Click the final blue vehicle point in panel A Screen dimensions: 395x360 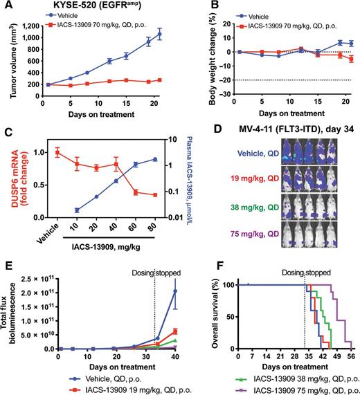coord(160,34)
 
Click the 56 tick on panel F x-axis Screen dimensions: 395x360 coord(351,359)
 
